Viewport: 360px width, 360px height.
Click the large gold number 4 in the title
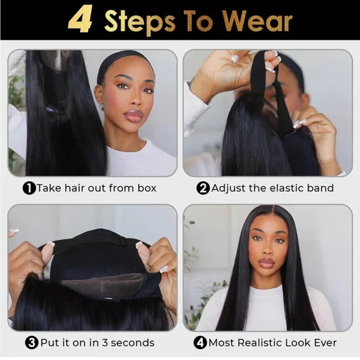click(x=80, y=19)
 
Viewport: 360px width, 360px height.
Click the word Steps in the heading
click(x=140, y=22)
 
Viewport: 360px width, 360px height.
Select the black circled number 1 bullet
click(x=29, y=188)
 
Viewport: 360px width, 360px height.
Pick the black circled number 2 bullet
click(x=203, y=188)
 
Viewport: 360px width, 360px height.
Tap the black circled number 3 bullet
click(x=32, y=343)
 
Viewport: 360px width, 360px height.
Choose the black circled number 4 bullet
click(x=200, y=343)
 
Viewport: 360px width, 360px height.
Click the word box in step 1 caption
click(x=147, y=188)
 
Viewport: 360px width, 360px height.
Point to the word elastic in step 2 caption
click(x=286, y=188)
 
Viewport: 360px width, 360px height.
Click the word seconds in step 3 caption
click(x=132, y=343)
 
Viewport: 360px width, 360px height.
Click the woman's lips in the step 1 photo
click(x=133, y=115)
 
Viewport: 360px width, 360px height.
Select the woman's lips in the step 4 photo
click(x=267, y=262)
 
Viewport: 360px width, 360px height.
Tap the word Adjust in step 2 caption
click(x=228, y=189)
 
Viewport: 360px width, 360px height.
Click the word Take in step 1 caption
click(x=49, y=188)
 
